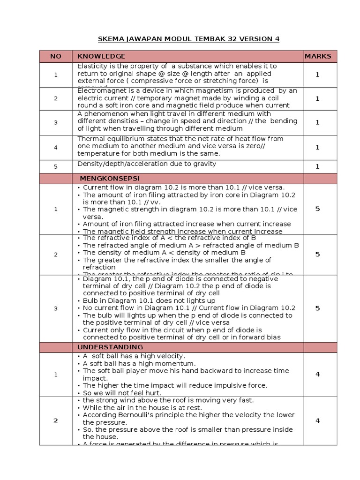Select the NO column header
pyautogui.click(x=56, y=56)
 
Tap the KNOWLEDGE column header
pyautogui.click(x=101, y=56)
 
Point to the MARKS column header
pyautogui.click(x=317, y=56)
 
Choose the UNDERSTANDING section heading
pyautogui.click(x=110, y=347)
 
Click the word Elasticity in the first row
pyautogui.click(x=92, y=66)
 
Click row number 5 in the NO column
pyautogui.click(x=56, y=166)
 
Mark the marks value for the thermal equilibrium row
pyautogui.click(x=317, y=147)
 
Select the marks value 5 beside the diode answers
pyautogui.click(x=317, y=308)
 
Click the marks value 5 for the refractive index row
pyautogui.click(x=317, y=254)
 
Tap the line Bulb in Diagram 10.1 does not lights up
pyautogui.click(x=149, y=300)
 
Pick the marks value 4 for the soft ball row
pyautogui.click(x=317, y=374)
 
